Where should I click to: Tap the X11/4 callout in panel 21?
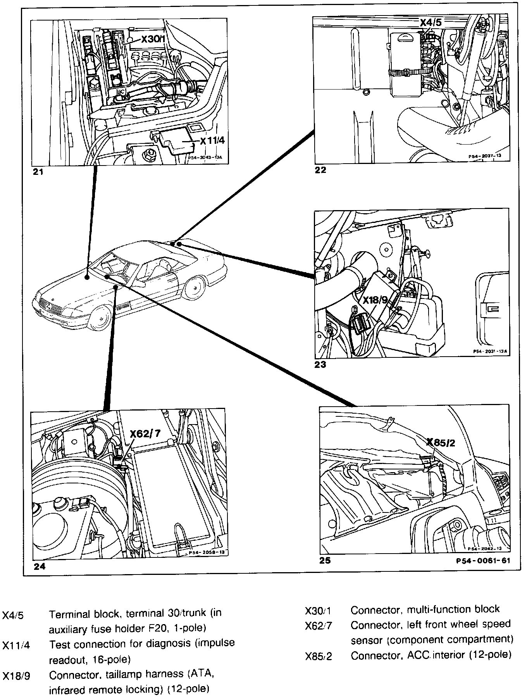pos(212,141)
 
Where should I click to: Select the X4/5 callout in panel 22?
pos(431,22)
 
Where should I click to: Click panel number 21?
pos(38,172)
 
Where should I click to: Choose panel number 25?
pos(325,560)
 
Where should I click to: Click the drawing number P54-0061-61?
pos(483,561)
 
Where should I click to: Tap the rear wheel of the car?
pos(193,288)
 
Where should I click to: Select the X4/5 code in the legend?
pos(13,615)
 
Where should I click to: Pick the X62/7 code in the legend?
pos(319,626)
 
